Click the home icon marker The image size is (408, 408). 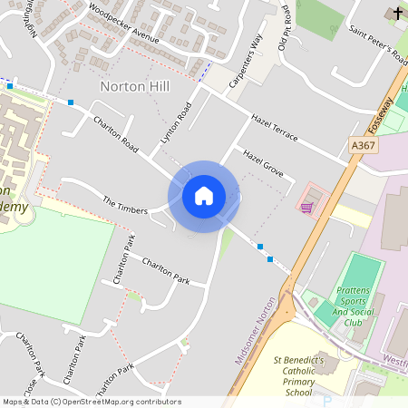pyautogui.click(x=203, y=195)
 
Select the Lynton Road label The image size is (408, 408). pyautogui.click(x=177, y=123)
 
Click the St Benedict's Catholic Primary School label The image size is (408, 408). pyautogui.click(x=299, y=375)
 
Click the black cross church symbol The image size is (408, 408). pyautogui.click(x=395, y=13)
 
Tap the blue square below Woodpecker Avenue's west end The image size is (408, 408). pyautogui.click(x=71, y=102)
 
